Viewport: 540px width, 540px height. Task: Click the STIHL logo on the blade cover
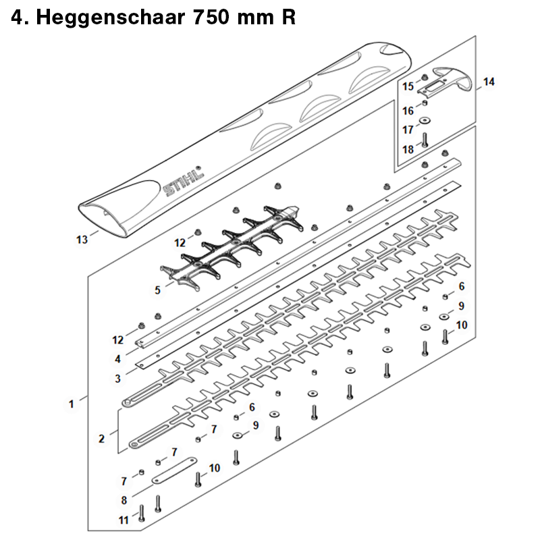click(183, 181)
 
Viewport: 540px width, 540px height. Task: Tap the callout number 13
click(82, 240)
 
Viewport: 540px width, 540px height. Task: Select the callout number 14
click(489, 82)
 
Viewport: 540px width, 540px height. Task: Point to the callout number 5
click(157, 290)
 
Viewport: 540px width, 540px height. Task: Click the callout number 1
click(72, 404)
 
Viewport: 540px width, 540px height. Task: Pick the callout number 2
click(102, 438)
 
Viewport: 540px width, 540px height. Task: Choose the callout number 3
click(117, 379)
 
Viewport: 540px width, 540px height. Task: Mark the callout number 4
click(117, 359)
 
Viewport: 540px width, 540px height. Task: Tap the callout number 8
click(124, 500)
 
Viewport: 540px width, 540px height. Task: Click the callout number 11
click(124, 520)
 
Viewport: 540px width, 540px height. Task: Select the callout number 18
click(408, 149)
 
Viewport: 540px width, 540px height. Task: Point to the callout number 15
click(408, 86)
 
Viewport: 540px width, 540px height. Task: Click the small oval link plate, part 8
click(174, 470)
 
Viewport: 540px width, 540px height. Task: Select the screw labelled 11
click(141, 513)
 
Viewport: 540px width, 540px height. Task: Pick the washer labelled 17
click(425, 121)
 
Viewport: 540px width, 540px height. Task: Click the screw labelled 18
click(425, 140)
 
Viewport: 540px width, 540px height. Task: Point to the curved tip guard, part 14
click(444, 81)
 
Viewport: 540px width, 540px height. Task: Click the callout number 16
click(408, 111)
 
